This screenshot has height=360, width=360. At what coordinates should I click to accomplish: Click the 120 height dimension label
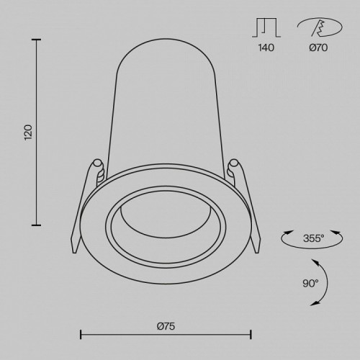pos(28,132)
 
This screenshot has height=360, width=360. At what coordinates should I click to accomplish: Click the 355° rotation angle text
pos(313,237)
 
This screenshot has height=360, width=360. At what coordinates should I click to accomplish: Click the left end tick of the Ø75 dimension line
pos(80,334)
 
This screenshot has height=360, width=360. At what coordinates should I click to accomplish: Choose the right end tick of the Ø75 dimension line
pos(251,334)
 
